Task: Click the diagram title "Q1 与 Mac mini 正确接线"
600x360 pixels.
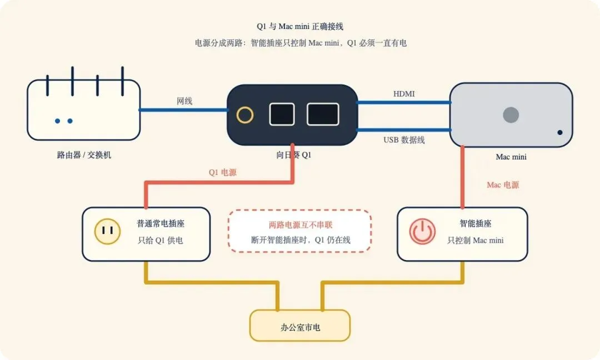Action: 300,27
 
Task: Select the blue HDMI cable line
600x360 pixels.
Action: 404,103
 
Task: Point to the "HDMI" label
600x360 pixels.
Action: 404,94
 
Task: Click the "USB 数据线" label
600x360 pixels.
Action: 404,140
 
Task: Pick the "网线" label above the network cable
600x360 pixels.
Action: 184,101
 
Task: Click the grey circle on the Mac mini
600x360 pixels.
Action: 511,115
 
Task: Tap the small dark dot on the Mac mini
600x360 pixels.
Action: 560,132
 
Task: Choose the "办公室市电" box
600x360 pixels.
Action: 300,326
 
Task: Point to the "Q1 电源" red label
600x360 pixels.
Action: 223,173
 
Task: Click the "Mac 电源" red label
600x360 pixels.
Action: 503,185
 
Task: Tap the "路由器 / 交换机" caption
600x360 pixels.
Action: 84,155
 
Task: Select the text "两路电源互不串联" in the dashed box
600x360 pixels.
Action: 301,225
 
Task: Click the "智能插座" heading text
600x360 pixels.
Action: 476,223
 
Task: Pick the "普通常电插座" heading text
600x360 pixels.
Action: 161,223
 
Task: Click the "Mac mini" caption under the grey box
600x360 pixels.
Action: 511,157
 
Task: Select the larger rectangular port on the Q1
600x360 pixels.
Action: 323,114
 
